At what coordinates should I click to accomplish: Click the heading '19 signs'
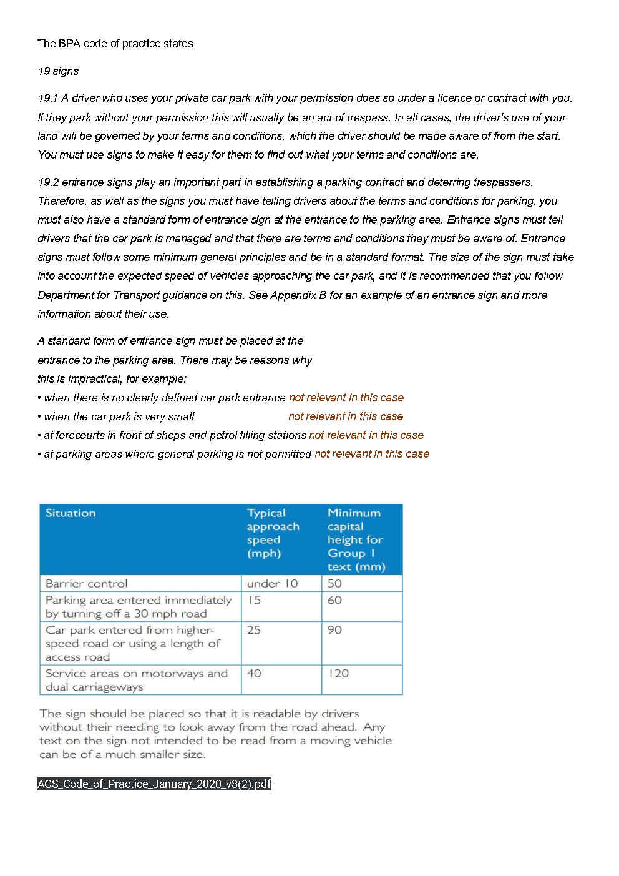pos(58,71)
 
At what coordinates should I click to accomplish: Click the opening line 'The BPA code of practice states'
pos(115,44)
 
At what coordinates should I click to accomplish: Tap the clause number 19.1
pos(47,98)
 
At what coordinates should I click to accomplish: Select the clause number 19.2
pos(48,182)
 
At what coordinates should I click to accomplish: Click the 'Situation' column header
pos(71,513)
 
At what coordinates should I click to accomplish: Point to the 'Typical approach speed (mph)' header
pos(273,533)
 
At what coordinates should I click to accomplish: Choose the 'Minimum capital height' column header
pos(356,539)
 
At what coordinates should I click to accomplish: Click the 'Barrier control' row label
pos(86,584)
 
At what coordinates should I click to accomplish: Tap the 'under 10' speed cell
pos(272,584)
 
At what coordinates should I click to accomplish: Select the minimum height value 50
pos(334,584)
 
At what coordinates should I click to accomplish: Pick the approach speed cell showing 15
pos(254,600)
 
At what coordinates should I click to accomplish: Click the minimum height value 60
pos(334,600)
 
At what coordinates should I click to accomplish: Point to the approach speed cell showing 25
pos(254,630)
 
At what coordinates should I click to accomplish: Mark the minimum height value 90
pos(334,630)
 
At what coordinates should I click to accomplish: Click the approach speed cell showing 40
pos(254,674)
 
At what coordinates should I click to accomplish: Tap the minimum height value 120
pos(338,674)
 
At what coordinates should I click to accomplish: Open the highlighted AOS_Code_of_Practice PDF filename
pos(154,784)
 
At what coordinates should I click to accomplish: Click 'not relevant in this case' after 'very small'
pos(346,416)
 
